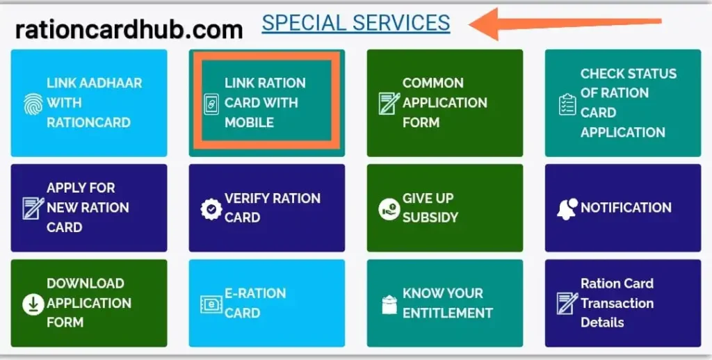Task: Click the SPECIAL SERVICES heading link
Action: click(356, 23)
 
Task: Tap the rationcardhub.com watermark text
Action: click(129, 30)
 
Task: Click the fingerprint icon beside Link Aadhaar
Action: click(33, 104)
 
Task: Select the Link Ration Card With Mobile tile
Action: click(267, 103)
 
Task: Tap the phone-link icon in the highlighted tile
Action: click(211, 104)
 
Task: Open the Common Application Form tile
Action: click(445, 103)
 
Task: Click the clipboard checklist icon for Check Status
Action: click(567, 104)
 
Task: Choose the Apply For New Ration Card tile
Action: click(89, 208)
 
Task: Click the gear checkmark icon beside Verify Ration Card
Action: click(211, 209)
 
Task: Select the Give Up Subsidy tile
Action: click(445, 208)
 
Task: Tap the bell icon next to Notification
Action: click(567, 208)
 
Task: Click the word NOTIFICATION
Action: click(626, 208)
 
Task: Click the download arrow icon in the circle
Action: click(33, 304)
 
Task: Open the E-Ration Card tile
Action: click(267, 303)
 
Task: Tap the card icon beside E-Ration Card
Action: click(211, 304)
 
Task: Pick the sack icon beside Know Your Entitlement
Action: click(389, 304)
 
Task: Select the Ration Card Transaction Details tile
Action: click(623, 303)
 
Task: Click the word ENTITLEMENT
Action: click(447, 313)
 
